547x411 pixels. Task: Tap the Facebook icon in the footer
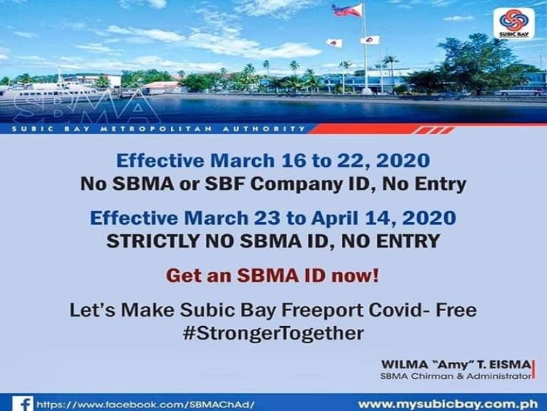(23, 404)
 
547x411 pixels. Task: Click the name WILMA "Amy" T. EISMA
(456, 365)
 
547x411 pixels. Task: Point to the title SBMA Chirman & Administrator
(456, 375)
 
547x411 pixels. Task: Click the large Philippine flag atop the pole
(348, 11)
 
